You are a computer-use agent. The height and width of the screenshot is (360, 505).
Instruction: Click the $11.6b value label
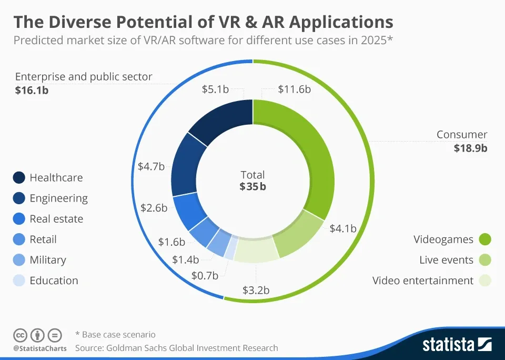294,89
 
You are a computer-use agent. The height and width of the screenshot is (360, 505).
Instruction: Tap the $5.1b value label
215,89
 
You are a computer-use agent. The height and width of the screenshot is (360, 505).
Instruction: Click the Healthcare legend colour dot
19,178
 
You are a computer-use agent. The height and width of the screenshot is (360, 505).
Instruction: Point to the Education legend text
54,281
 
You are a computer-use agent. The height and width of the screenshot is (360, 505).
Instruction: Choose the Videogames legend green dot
484,239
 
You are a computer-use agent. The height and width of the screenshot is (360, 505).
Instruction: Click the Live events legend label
446,260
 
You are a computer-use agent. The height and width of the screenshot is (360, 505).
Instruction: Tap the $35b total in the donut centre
252,186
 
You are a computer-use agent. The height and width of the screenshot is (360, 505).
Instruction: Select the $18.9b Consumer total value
470,148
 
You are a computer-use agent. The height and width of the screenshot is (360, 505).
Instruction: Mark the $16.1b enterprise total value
32,90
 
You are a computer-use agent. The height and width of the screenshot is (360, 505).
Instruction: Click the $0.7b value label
205,275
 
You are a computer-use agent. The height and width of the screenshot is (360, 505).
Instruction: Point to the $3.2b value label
256,290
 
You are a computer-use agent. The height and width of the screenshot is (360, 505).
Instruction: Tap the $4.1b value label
343,228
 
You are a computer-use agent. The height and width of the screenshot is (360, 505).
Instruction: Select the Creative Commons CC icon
20,335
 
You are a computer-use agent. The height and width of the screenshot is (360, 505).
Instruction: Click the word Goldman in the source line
124,347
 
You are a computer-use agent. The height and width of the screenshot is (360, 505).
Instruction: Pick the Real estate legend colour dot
19,219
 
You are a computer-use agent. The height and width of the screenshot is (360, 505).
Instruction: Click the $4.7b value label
151,166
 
